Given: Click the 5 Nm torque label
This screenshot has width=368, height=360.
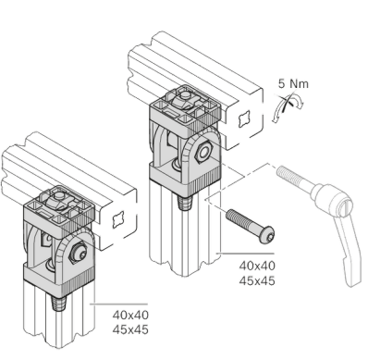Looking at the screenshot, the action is pos(293,83).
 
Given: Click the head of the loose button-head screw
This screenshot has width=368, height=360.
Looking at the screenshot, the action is pos(267,235).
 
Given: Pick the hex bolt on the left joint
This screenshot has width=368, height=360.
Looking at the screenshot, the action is pos(79,253).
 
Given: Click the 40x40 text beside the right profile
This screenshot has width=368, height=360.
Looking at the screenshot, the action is pos(257,266).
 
